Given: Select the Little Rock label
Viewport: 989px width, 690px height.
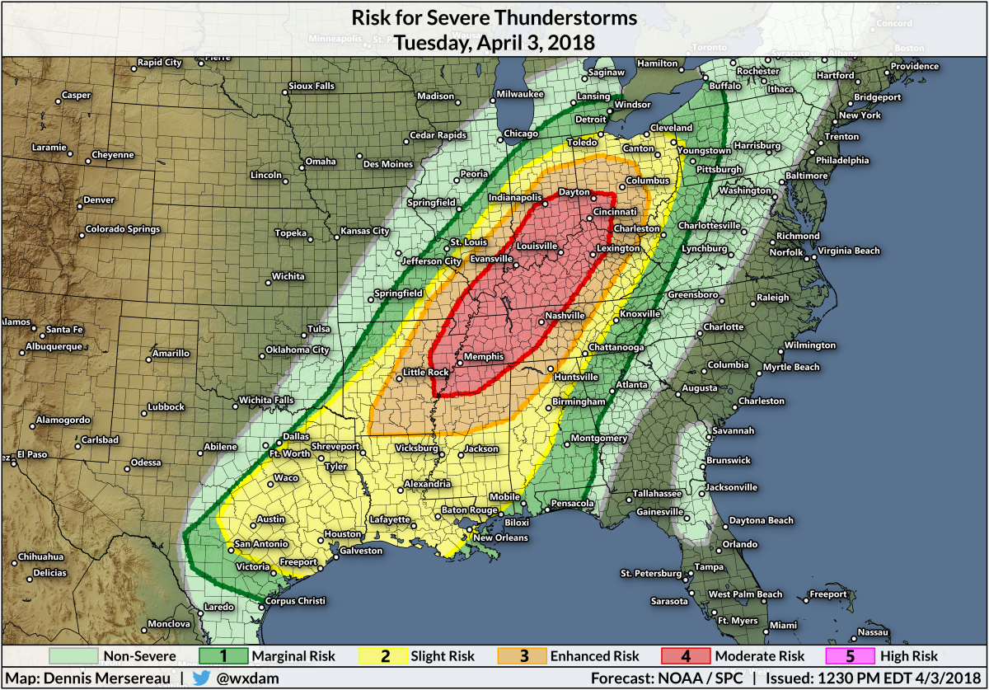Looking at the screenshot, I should click(425, 372).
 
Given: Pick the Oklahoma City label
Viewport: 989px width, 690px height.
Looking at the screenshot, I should click(298, 350).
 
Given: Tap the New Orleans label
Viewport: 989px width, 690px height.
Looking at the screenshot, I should click(499, 538).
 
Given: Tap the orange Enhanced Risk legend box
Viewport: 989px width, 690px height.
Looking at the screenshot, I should click(523, 656).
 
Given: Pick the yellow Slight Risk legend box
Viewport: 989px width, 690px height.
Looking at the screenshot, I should click(384, 656).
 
